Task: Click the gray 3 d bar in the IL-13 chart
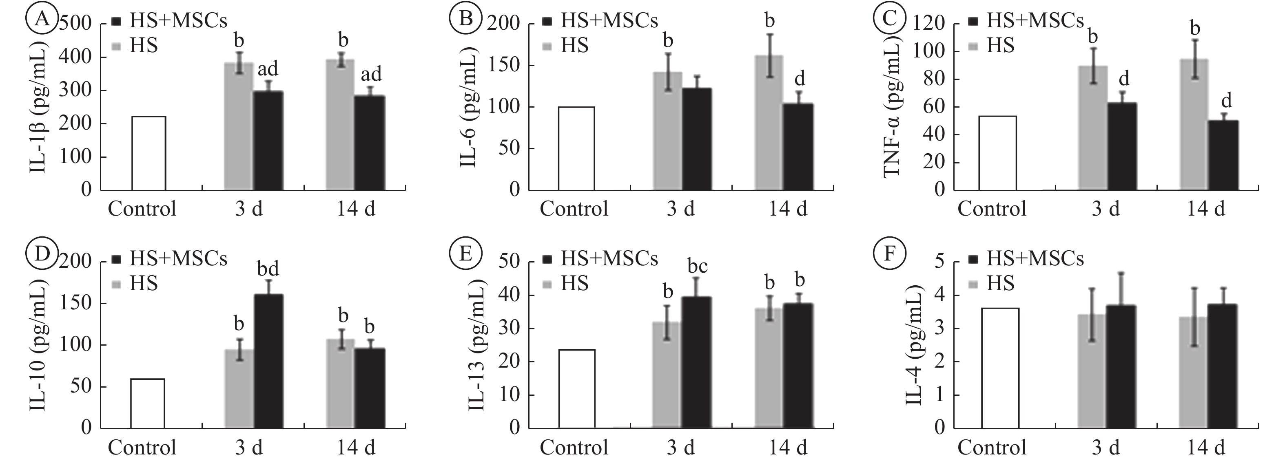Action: (x=667, y=375)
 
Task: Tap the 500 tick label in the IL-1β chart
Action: (x=76, y=24)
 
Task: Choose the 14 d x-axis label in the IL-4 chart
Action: (x=1206, y=448)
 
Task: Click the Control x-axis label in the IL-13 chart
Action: (x=574, y=448)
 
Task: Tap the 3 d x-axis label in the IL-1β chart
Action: (x=249, y=209)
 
